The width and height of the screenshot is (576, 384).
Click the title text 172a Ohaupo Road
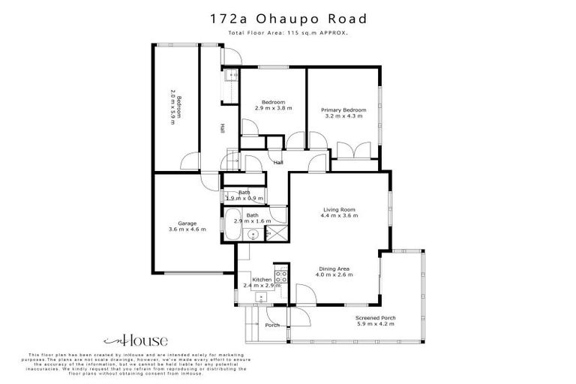tap(287, 17)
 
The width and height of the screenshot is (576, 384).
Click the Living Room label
tap(339, 209)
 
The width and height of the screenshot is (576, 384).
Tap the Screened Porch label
tap(376, 318)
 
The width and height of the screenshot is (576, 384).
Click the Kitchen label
tap(261, 280)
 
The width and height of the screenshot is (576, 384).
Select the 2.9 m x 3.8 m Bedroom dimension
tap(273, 109)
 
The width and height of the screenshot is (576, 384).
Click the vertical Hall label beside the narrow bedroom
tap(221, 129)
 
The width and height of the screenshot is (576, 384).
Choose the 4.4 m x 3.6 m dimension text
tap(340, 216)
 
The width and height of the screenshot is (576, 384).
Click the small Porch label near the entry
tap(272, 325)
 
